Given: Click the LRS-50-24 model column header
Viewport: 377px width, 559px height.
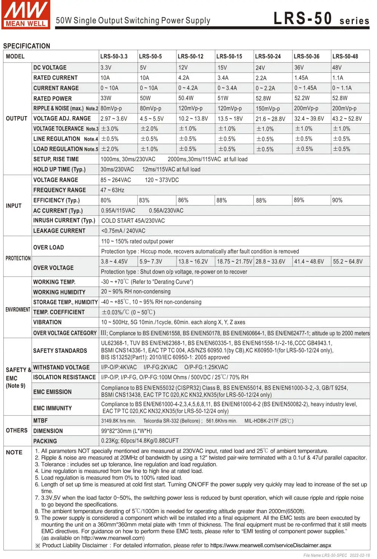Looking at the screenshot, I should click(268, 57).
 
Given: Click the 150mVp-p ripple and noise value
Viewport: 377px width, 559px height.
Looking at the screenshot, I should click(268, 109).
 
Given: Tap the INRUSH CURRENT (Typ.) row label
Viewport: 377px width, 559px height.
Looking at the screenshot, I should click(64, 221).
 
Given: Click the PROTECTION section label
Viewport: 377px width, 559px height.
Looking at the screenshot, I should click(18, 258).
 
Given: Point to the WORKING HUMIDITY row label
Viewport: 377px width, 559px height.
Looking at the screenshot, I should click(59, 292).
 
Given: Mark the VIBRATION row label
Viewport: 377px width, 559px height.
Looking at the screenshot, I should click(48, 322).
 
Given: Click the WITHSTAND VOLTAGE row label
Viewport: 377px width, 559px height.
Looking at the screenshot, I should click(61, 368).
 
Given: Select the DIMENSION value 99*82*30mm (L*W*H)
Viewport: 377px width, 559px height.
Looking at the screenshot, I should click(127, 431).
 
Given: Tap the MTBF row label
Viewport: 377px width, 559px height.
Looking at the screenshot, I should click(40, 421).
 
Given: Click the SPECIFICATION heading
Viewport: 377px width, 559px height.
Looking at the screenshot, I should click(26, 46).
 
